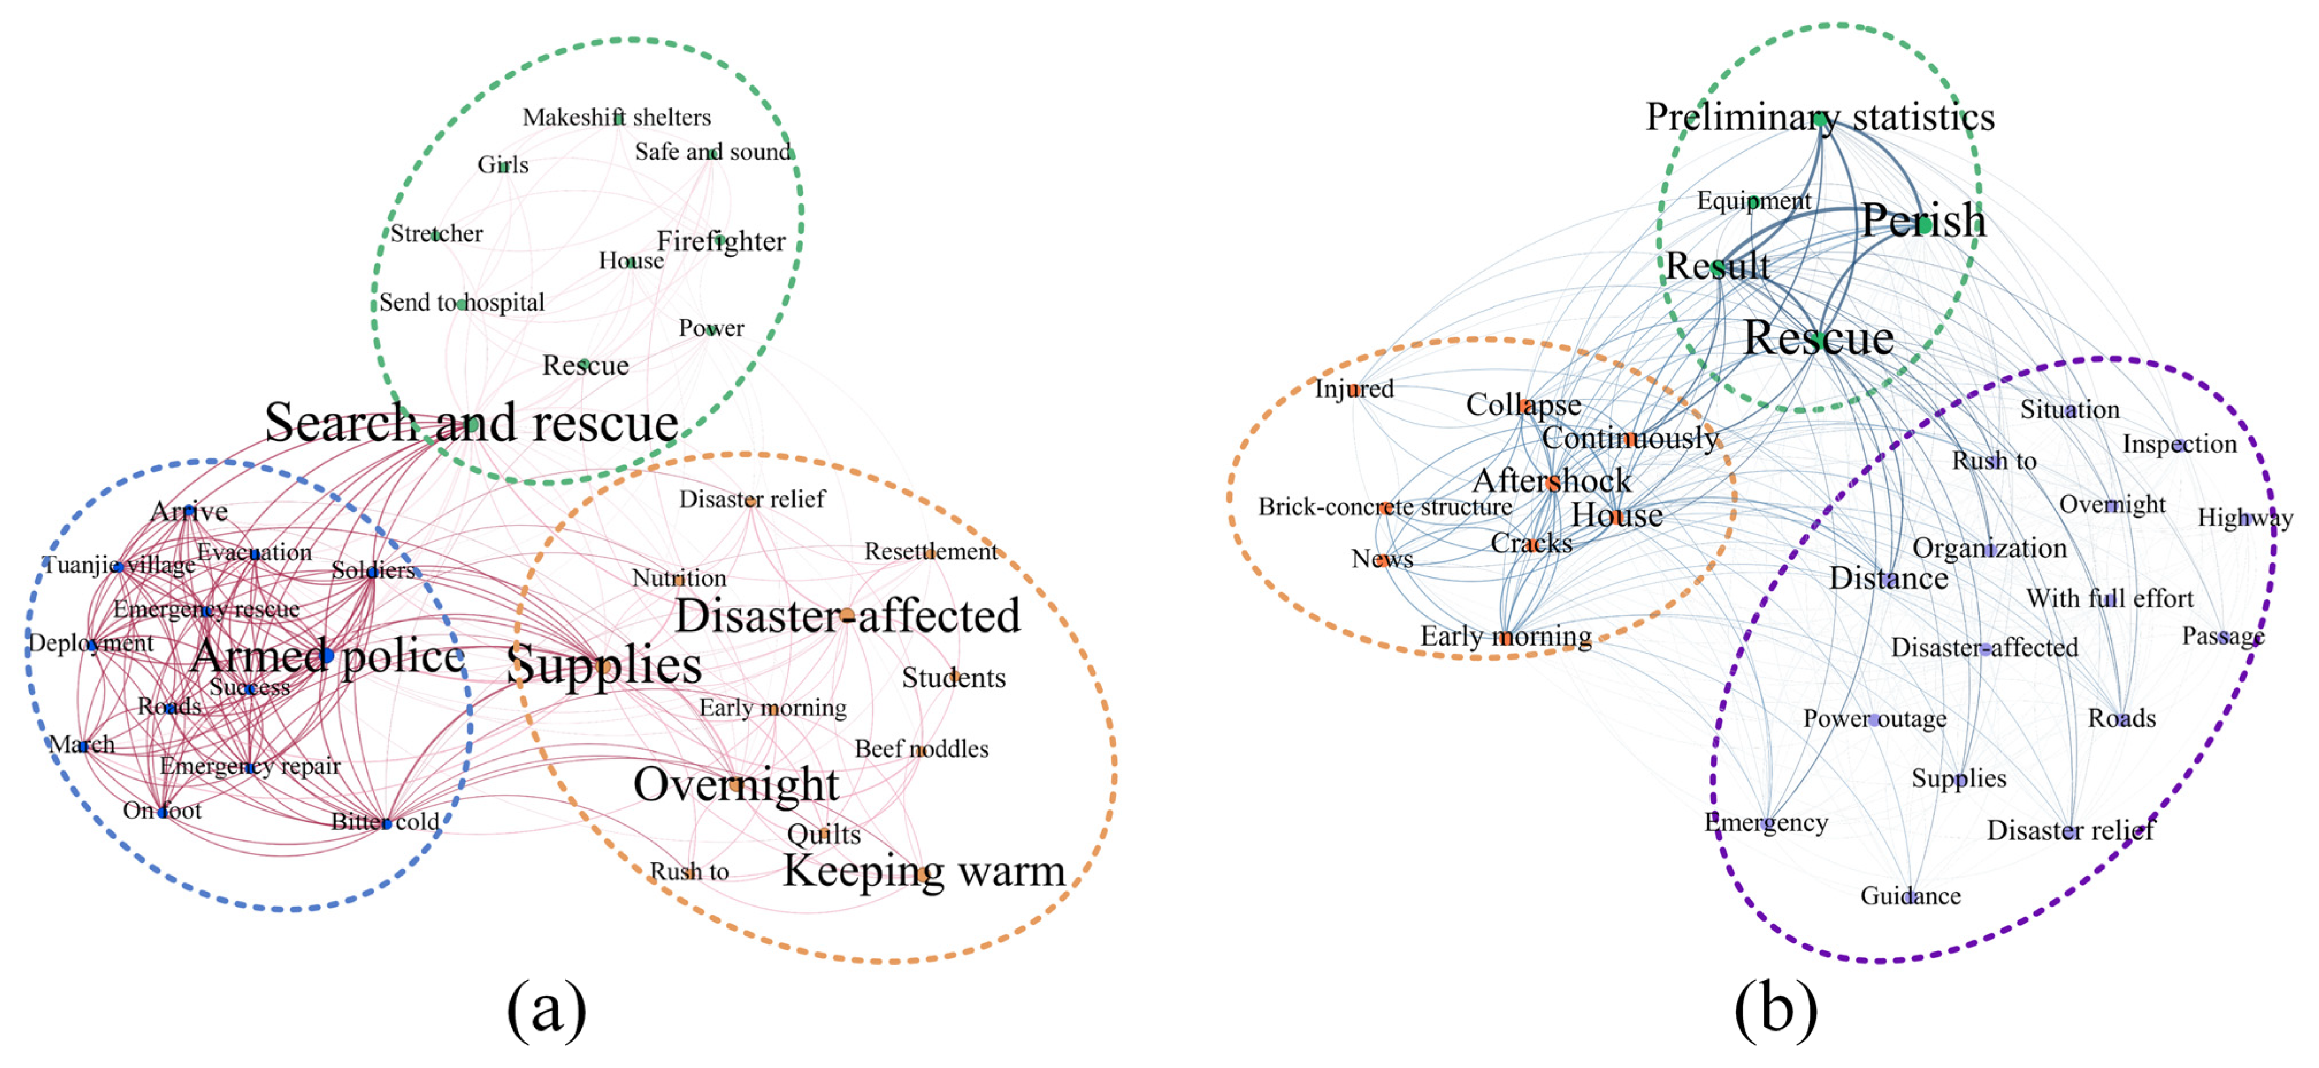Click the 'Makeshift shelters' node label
[x=616, y=117]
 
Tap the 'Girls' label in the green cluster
[x=503, y=165]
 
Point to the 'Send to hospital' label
[x=461, y=302]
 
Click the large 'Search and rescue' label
[x=471, y=422]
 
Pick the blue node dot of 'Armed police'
[x=328, y=655]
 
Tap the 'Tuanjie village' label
[x=119, y=565]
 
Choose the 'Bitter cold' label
[x=385, y=822]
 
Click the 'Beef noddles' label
[x=921, y=749]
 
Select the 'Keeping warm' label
[x=923, y=871]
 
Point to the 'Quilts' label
[x=824, y=834]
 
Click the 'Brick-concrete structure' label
[x=1385, y=507]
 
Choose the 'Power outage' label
[x=1875, y=719]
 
